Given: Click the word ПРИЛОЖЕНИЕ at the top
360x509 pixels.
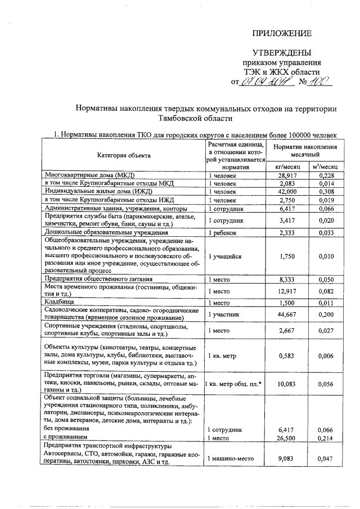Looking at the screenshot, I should coord(281,33).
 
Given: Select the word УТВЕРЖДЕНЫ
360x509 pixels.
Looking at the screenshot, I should coord(281,52).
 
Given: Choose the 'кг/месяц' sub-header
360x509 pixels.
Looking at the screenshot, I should coord(286,167).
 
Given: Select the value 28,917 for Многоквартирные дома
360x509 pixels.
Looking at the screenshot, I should coord(287,175).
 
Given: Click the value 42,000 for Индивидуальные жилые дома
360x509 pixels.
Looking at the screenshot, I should coord(287,192).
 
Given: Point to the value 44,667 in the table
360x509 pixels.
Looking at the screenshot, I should coord(287,314).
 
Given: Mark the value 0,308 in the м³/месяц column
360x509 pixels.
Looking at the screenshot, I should coord(325,192).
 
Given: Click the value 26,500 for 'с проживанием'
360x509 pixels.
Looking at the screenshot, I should coord(287,436).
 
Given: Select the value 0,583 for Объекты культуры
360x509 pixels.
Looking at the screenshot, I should coord(287,355).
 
